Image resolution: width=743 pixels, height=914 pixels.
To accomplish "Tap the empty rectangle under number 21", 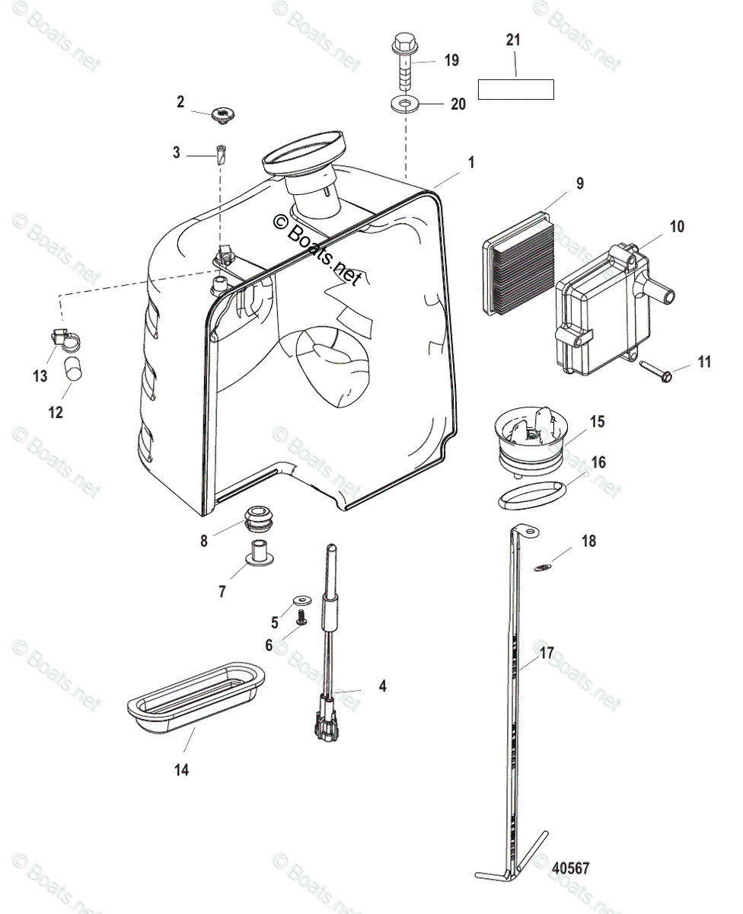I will point(515,89).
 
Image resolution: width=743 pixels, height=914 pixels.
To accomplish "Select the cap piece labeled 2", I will point(223,116).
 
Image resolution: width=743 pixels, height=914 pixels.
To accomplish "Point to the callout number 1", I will point(471,162).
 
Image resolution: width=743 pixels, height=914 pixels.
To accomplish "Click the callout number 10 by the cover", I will point(677,226).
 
